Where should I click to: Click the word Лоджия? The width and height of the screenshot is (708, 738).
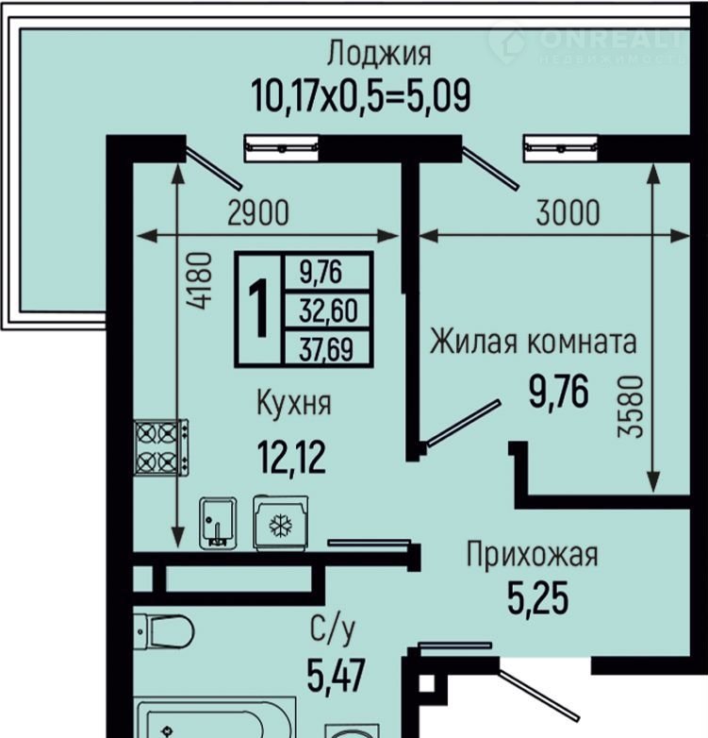click(x=379, y=53)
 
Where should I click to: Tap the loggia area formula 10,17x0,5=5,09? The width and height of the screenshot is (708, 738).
click(x=360, y=95)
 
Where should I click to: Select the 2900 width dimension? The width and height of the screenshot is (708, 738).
click(x=258, y=212)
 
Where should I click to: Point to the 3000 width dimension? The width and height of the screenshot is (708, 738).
click(x=568, y=212)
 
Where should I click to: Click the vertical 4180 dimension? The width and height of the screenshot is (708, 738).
click(x=199, y=281)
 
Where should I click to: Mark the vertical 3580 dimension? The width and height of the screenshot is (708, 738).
click(x=631, y=407)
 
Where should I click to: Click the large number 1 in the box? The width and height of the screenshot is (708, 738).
click(x=258, y=309)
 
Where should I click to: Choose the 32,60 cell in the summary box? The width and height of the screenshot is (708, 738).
click(x=328, y=310)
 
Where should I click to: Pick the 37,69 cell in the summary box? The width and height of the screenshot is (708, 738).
click(x=326, y=349)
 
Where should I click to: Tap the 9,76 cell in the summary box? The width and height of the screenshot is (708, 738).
click(x=321, y=272)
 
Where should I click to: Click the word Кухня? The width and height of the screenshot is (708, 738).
click(x=294, y=403)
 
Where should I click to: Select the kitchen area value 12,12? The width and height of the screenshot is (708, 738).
click(x=291, y=458)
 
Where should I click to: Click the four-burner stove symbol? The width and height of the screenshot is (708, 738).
click(x=161, y=447)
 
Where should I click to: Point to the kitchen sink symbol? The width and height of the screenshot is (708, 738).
click(x=218, y=524)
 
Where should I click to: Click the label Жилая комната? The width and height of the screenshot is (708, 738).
click(x=533, y=342)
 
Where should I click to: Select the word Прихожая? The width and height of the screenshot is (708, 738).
click(x=532, y=554)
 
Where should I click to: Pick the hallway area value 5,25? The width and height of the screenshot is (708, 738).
click(x=537, y=597)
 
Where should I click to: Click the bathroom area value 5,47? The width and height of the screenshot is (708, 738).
click(x=336, y=675)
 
